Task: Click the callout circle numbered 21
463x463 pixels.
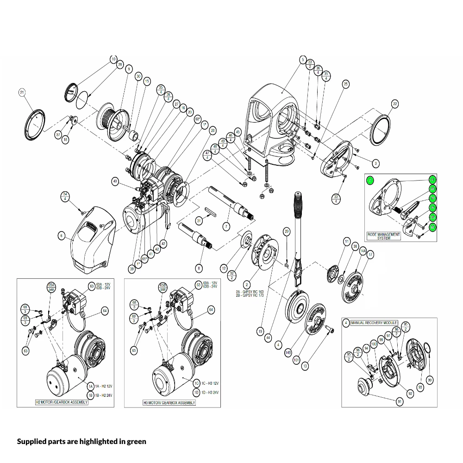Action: click(21, 93)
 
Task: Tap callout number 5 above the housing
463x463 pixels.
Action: click(303, 60)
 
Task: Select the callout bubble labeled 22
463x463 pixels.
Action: click(394, 104)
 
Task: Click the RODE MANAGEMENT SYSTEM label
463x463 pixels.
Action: click(384, 236)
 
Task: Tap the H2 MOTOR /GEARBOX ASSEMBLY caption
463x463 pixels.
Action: click(62, 402)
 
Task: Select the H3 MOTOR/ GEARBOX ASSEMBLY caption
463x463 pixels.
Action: click(169, 402)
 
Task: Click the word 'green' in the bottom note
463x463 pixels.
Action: click(137, 441)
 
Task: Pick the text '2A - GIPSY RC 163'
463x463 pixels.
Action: click(250, 291)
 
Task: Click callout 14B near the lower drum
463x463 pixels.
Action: click(288, 352)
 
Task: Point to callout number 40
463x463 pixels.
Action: click(115, 181)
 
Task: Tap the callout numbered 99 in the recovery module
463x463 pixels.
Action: click(430, 380)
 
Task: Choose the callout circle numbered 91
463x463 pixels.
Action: click(400, 402)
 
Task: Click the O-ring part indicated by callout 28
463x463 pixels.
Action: click(82, 99)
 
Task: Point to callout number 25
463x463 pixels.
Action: click(345, 84)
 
